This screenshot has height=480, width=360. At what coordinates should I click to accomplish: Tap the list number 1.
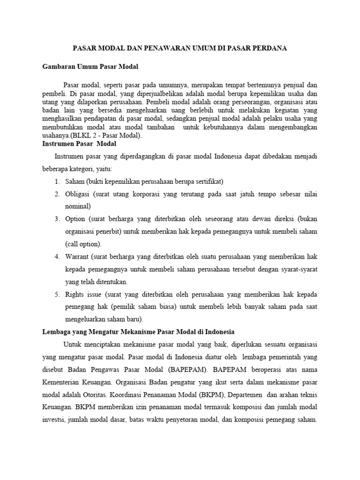point(56,181)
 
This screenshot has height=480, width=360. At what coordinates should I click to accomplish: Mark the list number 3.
point(56,219)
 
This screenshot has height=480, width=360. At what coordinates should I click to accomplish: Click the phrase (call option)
point(83,244)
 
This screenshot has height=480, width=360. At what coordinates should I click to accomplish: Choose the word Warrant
point(77,257)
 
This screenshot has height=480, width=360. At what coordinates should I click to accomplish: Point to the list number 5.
point(56,294)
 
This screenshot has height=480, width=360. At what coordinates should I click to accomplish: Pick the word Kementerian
point(60,382)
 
